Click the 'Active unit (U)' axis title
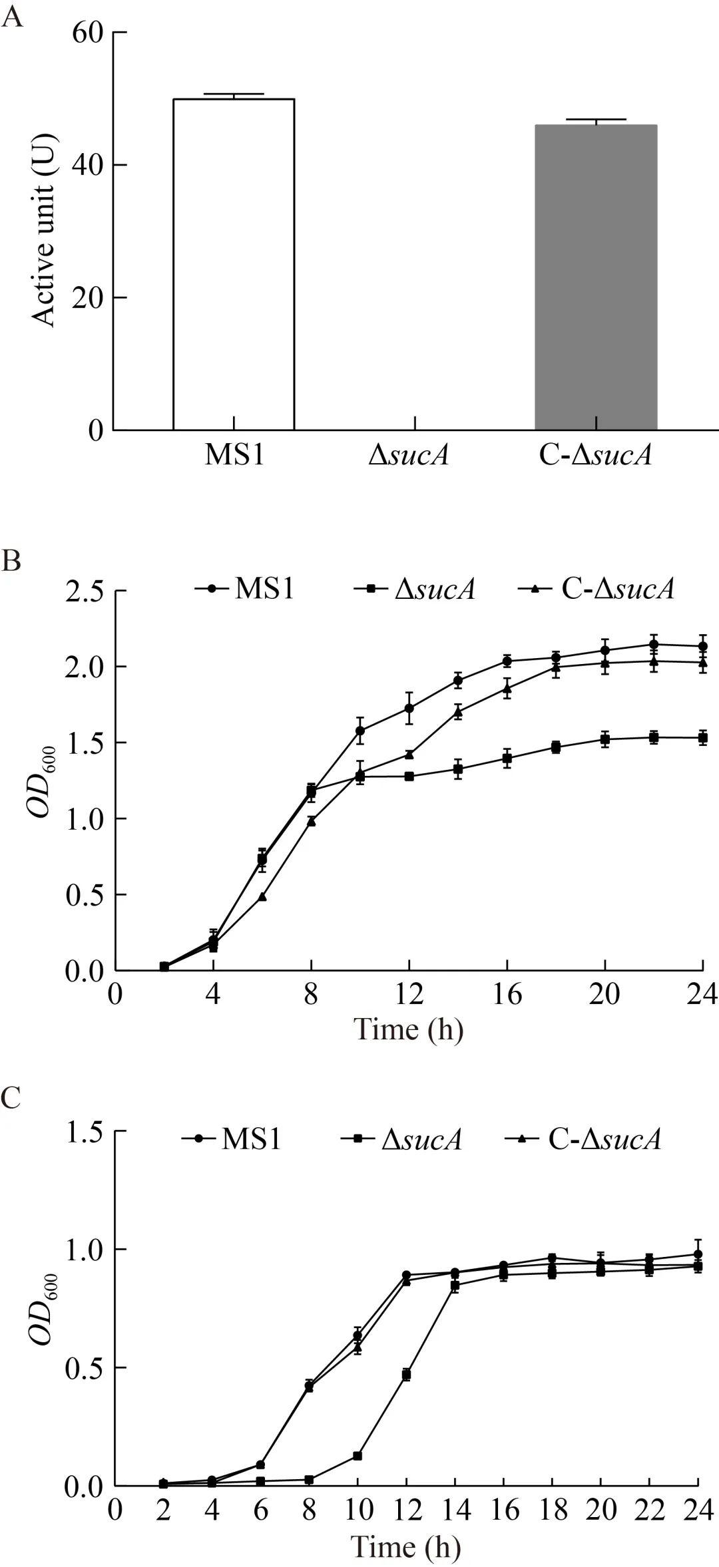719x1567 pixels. pyautogui.click(x=45, y=230)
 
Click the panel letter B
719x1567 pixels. pyautogui.click(x=12, y=561)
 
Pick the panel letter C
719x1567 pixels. pyautogui.click(x=12, y=1099)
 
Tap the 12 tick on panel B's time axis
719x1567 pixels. pyautogui.click(x=409, y=995)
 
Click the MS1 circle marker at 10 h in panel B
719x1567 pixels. pyautogui.click(x=360, y=731)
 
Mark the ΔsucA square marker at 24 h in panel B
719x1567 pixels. pyautogui.click(x=702, y=738)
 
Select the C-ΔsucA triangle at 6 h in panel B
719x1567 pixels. pyautogui.click(x=262, y=897)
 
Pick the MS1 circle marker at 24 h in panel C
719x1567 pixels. pyautogui.click(x=698, y=1254)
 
